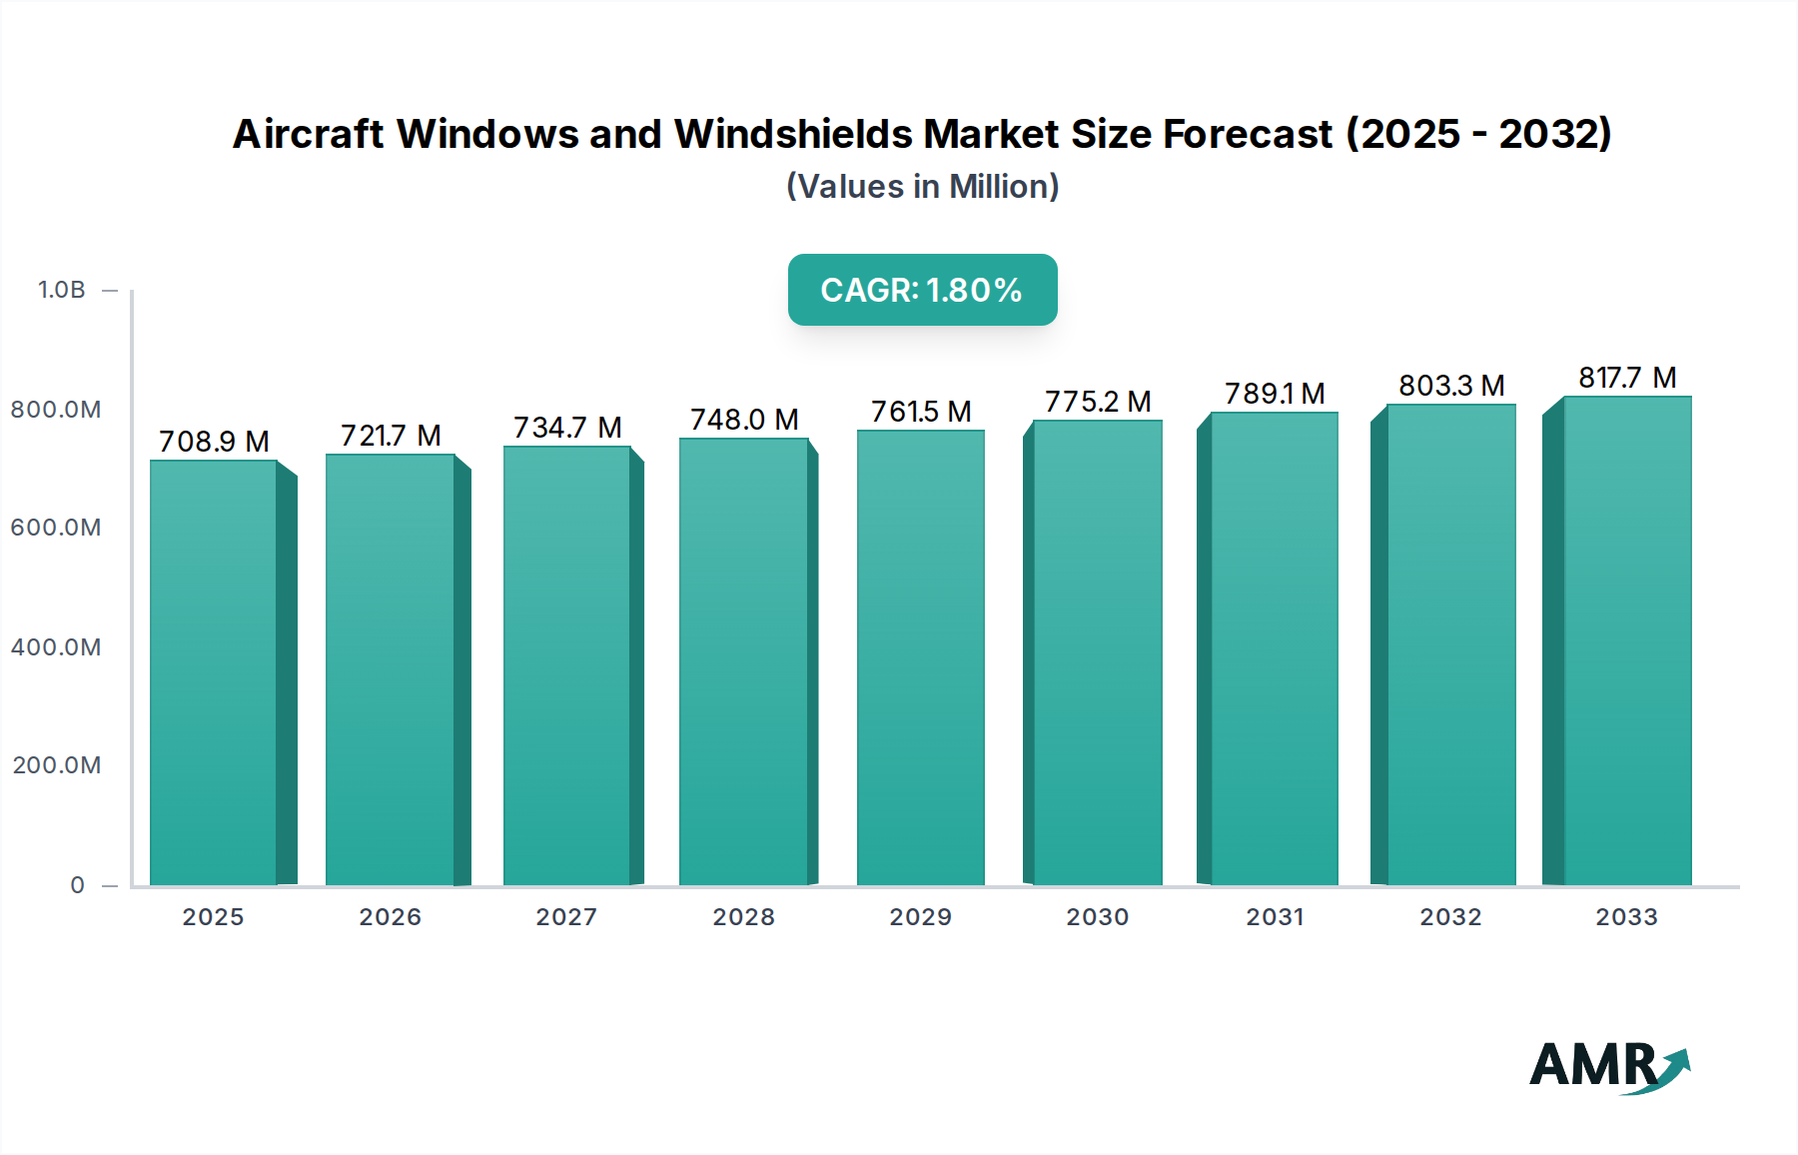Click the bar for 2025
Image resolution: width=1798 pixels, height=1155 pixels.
tap(213, 672)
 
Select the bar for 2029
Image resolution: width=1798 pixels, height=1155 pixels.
tap(920, 657)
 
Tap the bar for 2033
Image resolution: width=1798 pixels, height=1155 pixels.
tap(1626, 640)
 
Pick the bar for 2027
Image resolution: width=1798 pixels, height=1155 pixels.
tap(566, 665)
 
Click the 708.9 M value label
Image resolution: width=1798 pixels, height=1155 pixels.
tap(214, 442)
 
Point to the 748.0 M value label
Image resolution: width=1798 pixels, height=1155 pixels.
tap(744, 420)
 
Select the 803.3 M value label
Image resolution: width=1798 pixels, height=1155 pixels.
tap(1450, 386)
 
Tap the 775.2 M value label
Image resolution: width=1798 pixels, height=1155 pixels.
tap(1097, 402)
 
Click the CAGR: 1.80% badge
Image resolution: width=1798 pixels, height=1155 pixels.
tap(922, 290)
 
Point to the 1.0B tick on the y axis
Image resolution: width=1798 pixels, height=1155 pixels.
tap(62, 290)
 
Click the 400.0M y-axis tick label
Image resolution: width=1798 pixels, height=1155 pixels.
tap(56, 646)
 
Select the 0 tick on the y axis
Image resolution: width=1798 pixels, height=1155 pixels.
tap(77, 885)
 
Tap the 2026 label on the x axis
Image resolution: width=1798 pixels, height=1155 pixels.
tap(390, 917)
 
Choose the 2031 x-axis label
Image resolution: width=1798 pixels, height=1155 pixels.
tap(1275, 917)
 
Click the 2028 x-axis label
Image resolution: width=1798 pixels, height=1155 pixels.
tap(743, 917)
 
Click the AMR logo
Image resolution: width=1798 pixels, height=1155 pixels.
tap(1608, 1066)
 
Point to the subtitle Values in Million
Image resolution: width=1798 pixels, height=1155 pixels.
tap(922, 187)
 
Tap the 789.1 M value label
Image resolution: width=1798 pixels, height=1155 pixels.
tap(1275, 394)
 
